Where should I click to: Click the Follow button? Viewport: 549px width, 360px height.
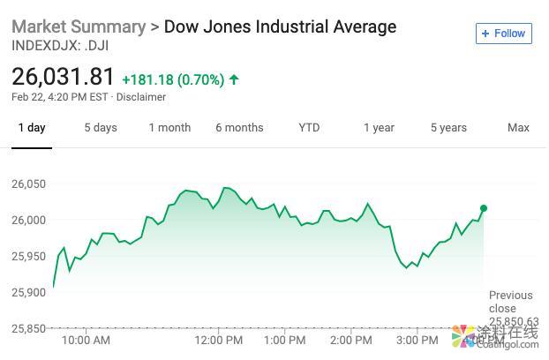point(502,34)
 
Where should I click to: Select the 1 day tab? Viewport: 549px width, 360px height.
point(31,128)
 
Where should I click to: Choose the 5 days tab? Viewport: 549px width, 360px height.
point(101,128)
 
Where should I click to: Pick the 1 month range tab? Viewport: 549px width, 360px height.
point(169,128)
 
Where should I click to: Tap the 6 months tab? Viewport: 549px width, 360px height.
point(239,128)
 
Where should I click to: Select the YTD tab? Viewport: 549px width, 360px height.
point(309,128)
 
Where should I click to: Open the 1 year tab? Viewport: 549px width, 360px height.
point(379,128)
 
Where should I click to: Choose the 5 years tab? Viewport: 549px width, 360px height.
point(448,128)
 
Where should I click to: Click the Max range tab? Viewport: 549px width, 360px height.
point(518,128)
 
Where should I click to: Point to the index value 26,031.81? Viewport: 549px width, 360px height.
point(64,78)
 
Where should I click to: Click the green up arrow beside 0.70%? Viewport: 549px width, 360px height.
point(234,79)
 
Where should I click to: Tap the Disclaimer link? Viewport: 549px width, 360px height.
point(141,97)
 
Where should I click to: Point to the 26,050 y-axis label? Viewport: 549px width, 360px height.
point(29,184)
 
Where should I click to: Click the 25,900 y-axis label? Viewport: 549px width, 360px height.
point(29,292)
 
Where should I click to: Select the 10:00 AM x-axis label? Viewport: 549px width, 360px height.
point(86,340)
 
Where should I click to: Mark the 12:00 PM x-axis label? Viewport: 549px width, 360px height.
point(219,340)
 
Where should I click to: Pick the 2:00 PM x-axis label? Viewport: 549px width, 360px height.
point(350,340)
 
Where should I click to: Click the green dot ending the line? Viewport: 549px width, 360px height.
point(484,208)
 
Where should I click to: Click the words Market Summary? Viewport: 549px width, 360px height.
point(79,26)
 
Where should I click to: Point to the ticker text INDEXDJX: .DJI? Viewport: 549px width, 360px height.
point(60,45)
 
